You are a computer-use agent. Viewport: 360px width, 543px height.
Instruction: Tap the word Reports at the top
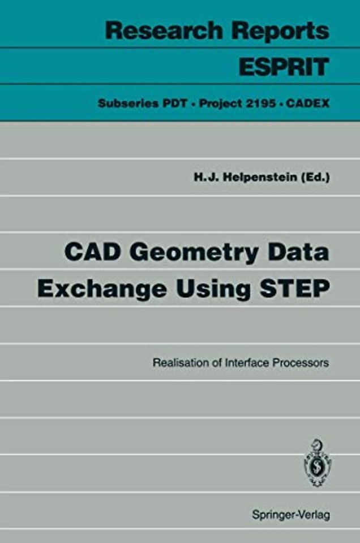point(284,31)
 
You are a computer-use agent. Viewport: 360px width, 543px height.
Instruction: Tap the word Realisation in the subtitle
point(179,363)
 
